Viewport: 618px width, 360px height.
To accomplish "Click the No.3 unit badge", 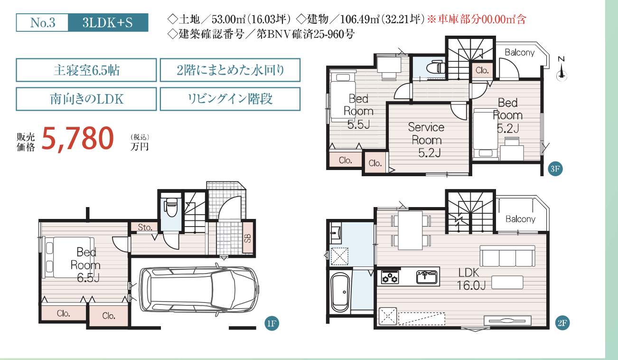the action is [42, 22].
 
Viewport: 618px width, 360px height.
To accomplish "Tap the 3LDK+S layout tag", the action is [108, 22].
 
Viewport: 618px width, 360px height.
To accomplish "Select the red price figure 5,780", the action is [77, 139].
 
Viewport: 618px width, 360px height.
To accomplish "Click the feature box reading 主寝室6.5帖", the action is [86, 70].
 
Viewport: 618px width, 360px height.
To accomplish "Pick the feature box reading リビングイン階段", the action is [230, 99].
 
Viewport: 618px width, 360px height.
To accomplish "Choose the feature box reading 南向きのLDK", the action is [86, 99].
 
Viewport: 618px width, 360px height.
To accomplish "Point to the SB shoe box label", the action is [248, 238].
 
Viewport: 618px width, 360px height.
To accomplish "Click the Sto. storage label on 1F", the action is [145, 227].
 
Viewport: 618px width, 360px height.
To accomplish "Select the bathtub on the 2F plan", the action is [340, 293].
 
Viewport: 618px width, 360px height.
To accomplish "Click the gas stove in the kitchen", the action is [390, 277].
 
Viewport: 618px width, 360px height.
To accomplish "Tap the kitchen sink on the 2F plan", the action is [427, 277].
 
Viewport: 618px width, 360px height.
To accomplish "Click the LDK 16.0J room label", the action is [471, 279].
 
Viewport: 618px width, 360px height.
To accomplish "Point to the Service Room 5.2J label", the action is [427, 140].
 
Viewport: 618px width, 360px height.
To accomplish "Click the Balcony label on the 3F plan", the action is [519, 52].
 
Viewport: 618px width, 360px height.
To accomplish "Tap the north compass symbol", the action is [562, 69].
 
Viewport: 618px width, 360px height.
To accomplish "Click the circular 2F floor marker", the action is [562, 323].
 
